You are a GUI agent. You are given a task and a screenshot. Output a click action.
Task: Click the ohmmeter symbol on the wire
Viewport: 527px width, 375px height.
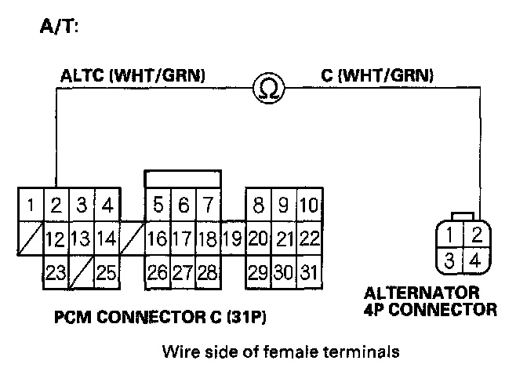pyautogui.click(x=268, y=89)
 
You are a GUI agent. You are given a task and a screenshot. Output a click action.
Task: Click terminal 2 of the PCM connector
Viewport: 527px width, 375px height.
pyautogui.click(x=56, y=206)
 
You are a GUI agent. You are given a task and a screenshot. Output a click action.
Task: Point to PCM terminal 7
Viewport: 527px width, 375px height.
pyautogui.click(x=208, y=206)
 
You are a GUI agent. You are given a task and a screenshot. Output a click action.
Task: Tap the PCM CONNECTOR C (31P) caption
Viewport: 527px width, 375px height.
pyautogui.click(x=166, y=319)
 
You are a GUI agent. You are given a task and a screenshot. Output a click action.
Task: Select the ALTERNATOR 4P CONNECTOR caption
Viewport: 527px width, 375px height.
pyautogui.click(x=430, y=301)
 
